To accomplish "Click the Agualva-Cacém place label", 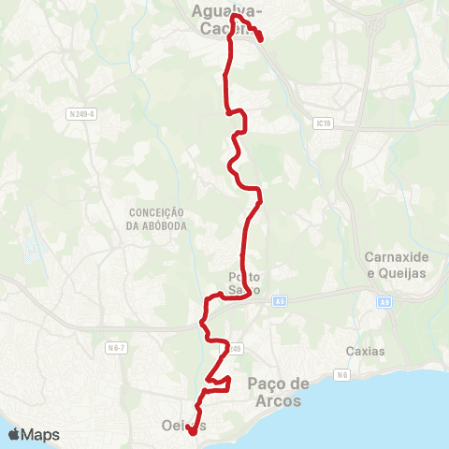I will pyautogui.click(x=227, y=20).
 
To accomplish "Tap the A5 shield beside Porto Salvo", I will pyautogui.click(x=280, y=301).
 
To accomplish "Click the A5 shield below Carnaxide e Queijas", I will pyautogui.click(x=384, y=301).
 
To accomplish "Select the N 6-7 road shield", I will pyautogui.click(x=116, y=348).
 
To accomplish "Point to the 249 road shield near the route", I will pyautogui.click(x=236, y=349).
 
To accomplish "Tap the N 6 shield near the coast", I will pyautogui.click(x=342, y=375).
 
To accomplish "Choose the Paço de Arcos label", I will pyautogui.click(x=278, y=391).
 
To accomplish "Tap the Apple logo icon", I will pyautogui.click(x=13, y=434).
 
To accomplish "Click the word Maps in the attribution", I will pyautogui.click(x=41, y=435).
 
